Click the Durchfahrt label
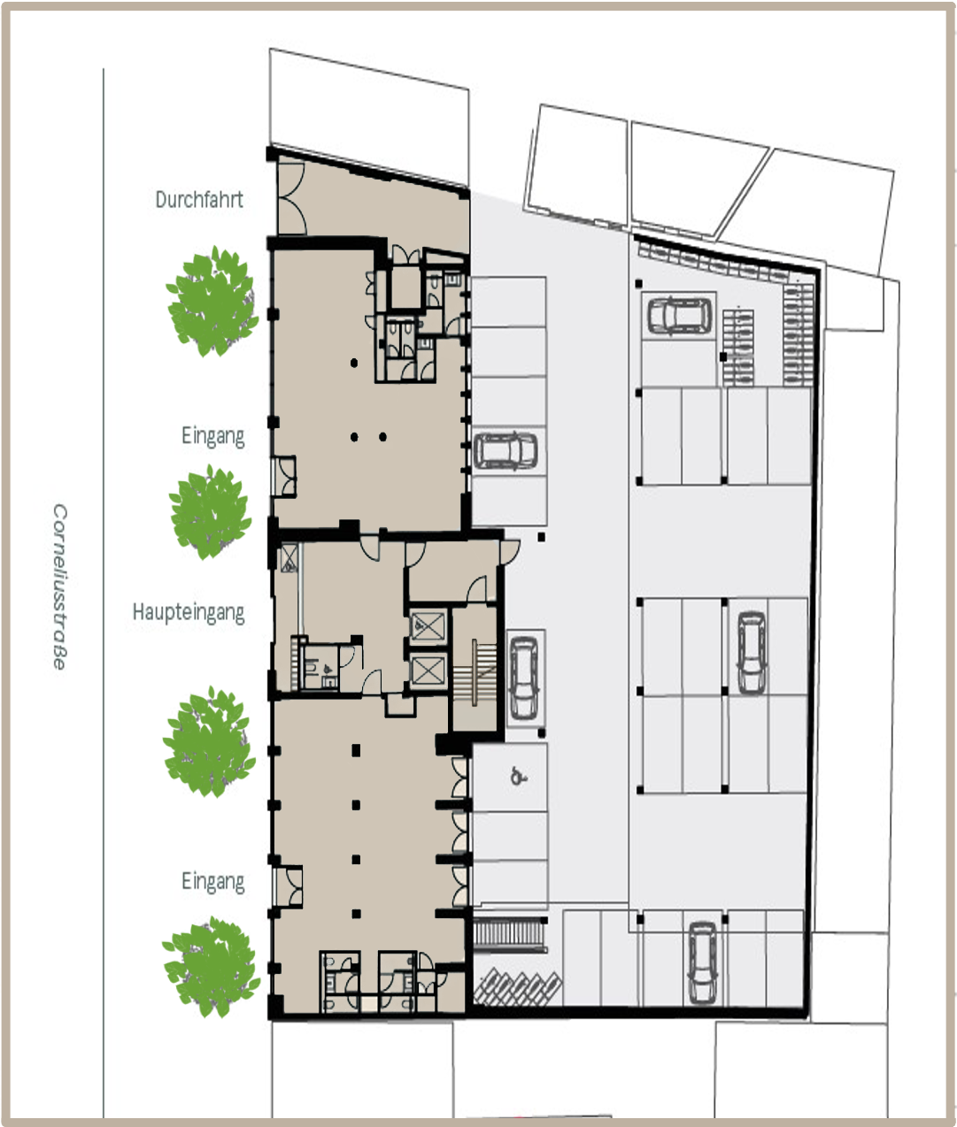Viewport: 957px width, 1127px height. click(x=198, y=199)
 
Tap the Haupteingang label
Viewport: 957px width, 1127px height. click(x=188, y=612)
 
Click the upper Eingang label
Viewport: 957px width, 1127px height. click(x=212, y=436)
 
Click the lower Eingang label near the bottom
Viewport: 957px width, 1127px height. click(x=212, y=881)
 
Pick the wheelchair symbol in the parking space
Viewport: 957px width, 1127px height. click(x=518, y=778)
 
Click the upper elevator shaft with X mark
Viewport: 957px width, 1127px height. click(x=429, y=627)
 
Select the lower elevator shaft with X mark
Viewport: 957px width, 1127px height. click(x=429, y=672)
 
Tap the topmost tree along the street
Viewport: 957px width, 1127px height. click(x=213, y=301)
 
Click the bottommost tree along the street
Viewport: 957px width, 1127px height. click(x=211, y=966)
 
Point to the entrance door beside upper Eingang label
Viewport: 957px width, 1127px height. click(x=285, y=477)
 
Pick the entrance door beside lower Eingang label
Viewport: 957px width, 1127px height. click(x=287, y=887)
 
